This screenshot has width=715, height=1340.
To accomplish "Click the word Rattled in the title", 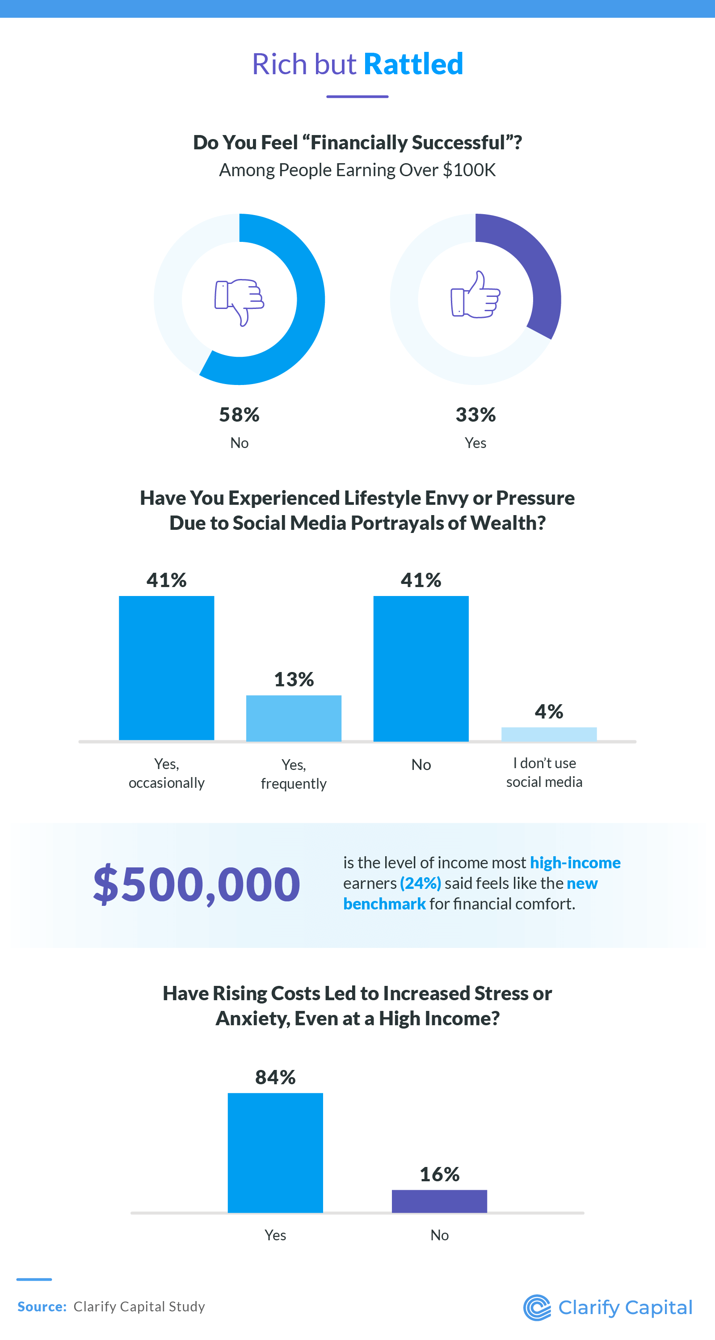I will coord(413,64).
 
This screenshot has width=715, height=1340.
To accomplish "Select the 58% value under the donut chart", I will coord(239,414).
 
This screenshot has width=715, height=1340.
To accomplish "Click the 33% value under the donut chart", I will coord(475,414).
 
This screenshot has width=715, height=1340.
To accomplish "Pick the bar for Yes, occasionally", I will coord(166,668).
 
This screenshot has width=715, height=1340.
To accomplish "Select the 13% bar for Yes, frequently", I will coord(294,718).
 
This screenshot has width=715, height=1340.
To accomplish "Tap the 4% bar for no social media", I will coord(549,734).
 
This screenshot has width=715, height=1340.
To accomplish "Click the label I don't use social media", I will coord(544,773).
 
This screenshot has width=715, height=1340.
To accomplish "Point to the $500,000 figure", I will coord(197,884).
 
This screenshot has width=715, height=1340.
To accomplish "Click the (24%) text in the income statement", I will coord(420,883).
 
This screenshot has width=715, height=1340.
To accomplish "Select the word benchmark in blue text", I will coord(384,904).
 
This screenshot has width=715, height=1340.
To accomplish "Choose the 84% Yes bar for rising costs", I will coord(275,1153).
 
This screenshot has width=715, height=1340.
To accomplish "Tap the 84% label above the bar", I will coord(275,1077).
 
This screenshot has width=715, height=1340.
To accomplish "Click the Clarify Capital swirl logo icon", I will coord(537,1308).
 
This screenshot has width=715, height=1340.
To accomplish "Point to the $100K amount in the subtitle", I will coord(469,170).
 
